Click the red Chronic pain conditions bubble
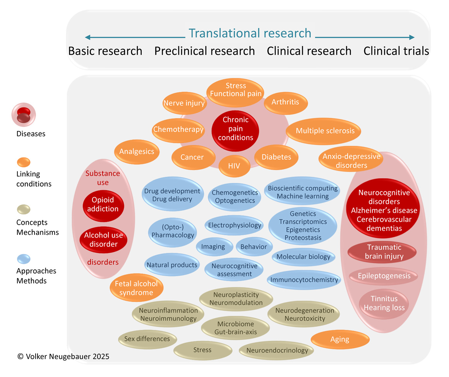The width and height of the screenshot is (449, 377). point(235,129)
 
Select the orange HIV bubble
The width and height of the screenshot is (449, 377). point(234,166)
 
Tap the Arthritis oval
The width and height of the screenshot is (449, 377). point(286,102)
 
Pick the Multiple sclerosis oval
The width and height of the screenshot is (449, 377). point(325,131)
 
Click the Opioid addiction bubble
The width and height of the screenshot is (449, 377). point(103,205)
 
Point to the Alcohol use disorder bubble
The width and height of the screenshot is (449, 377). point(103,239)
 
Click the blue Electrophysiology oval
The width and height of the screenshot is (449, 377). point(235,225)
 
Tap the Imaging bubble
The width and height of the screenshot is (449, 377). point(213,247)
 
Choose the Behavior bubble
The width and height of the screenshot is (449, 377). point(254,247)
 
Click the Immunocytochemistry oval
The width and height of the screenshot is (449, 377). point(304,280)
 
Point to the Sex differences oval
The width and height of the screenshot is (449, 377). point(147,339)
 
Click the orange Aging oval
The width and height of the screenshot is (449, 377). point(339,340)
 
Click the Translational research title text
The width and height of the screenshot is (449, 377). point(250,33)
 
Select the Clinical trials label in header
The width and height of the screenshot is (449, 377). point(396,51)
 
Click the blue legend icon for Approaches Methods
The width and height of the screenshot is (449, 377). point(24,258)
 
